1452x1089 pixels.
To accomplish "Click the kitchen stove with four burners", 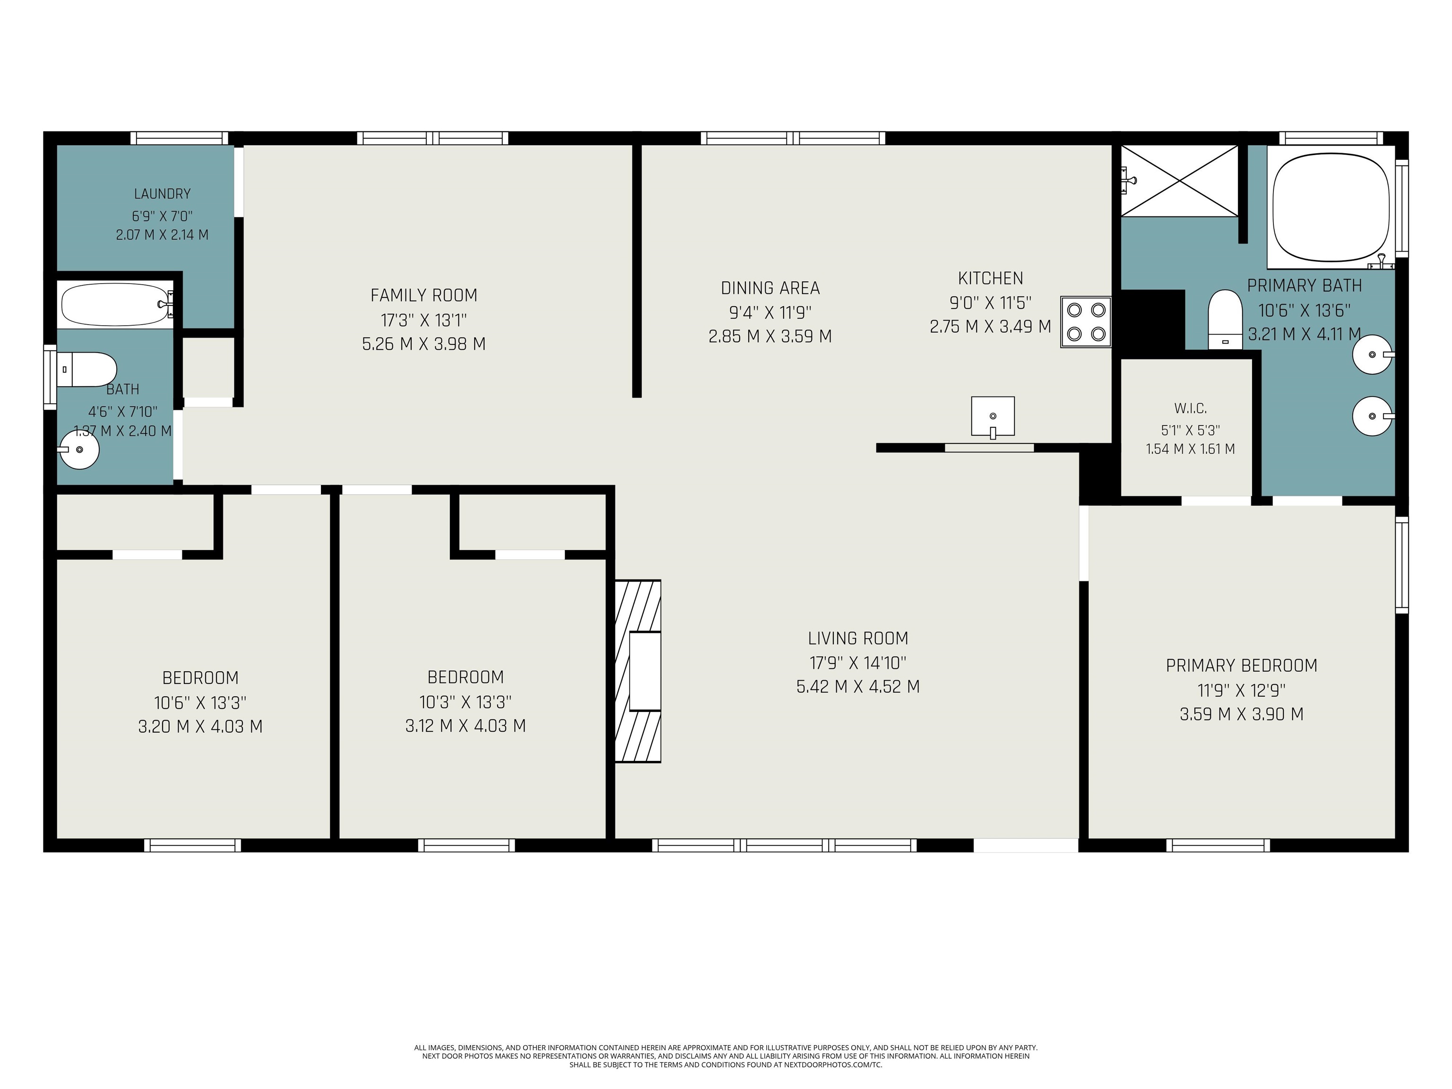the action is [1086, 322].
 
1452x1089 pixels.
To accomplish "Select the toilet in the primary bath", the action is [1225, 319].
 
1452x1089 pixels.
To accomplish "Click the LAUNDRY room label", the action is [162, 194].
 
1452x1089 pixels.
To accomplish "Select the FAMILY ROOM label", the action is [424, 295].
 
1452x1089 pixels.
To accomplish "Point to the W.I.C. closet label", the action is [1190, 408].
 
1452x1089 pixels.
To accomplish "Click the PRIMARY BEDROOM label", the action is [1241, 665].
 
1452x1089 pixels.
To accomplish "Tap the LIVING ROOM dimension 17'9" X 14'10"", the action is [858, 662].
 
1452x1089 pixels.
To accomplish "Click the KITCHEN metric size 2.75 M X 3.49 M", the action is [991, 326].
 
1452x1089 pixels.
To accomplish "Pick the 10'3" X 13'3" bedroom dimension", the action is [466, 702].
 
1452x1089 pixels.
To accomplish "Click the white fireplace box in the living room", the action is [645, 671].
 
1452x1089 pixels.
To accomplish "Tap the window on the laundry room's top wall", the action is [179, 138].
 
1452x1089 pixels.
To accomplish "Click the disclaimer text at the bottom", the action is [726, 1056].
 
